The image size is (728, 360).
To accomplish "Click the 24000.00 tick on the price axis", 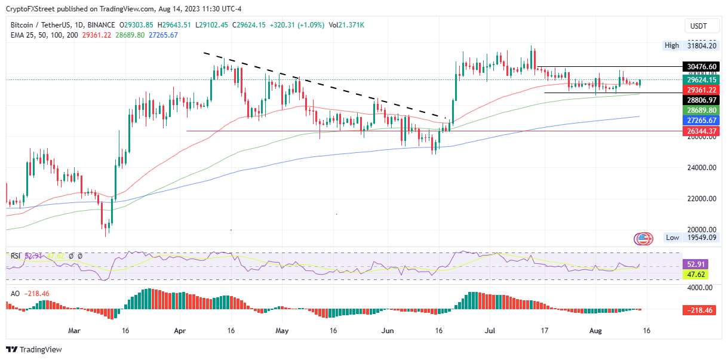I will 701,168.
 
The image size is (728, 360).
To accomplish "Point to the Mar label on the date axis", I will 74,330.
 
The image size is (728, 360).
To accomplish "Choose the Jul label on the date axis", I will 492,330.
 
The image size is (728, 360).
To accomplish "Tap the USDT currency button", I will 699,26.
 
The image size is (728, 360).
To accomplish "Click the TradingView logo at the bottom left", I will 34,349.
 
